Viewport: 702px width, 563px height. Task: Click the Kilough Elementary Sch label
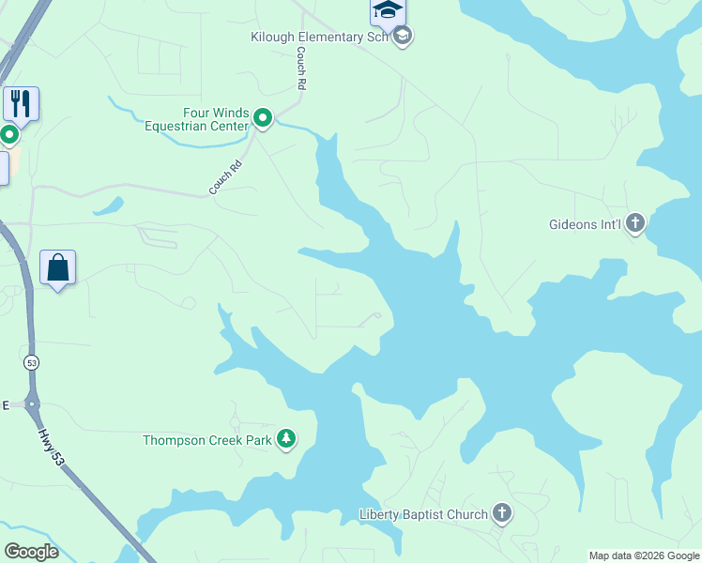tap(319, 37)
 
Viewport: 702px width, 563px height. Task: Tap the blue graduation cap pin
tap(387, 11)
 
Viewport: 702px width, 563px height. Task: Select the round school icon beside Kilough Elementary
tap(404, 37)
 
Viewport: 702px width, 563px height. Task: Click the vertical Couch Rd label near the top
tap(301, 68)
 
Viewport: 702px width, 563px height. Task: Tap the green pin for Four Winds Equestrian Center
tap(263, 119)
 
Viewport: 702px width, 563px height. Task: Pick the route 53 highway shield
tap(31, 361)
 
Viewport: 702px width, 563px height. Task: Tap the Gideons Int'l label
tap(586, 224)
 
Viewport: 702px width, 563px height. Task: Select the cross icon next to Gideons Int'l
tap(635, 223)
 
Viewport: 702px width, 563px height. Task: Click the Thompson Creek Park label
tap(206, 439)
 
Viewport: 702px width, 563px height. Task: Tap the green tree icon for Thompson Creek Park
tap(286, 439)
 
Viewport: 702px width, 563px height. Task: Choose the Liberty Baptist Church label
tap(423, 514)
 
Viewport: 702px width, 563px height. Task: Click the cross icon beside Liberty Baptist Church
tap(502, 513)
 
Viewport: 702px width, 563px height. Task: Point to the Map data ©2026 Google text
tap(644, 555)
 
